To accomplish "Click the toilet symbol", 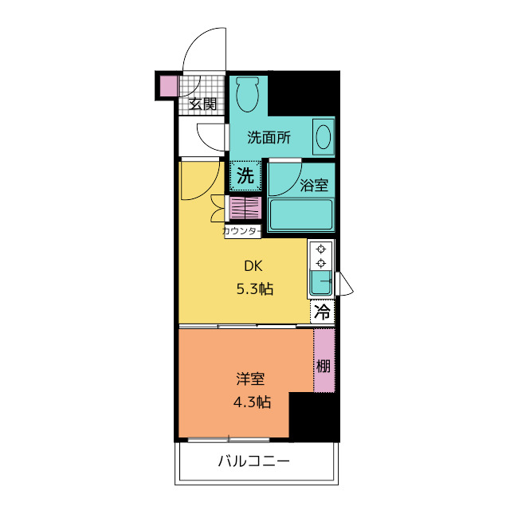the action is pyautogui.click(x=248, y=94).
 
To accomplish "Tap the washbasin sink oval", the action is pyautogui.click(x=324, y=137).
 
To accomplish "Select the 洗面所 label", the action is pyautogui.click(x=269, y=138).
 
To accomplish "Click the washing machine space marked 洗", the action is pyautogui.click(x=245, y=175).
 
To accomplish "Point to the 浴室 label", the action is pyautogui.click(x=314, y=185).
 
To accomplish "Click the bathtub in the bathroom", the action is pyautogui.click(x=301, y=215).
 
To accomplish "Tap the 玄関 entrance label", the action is pyautogui.click(x=202, y=104).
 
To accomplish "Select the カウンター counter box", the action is pyautogui.click(x=242, y=231).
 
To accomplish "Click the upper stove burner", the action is pyautogui.click(x=321, y=249).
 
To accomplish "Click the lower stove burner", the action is pyautogui.click(x=321, y=263).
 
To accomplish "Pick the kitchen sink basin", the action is pyautogui.click(x=320, y=283).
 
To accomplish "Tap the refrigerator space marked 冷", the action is pyautogui.click(x=322, y=312).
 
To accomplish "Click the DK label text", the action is pyautogui.click(x=253, y=266).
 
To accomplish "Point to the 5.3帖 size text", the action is pyautogui.click(x=255, y=288).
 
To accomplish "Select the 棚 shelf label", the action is pyautogui.click(x=324, y=367).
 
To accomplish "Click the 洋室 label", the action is pyautogui.click(x=250, y=379).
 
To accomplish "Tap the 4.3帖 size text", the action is pyautogui.click(x=252, y=402).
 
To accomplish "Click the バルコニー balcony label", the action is pyautogui.click(x=253, y=461).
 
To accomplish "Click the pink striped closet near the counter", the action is pyautogui.click(x=245, y=208).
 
